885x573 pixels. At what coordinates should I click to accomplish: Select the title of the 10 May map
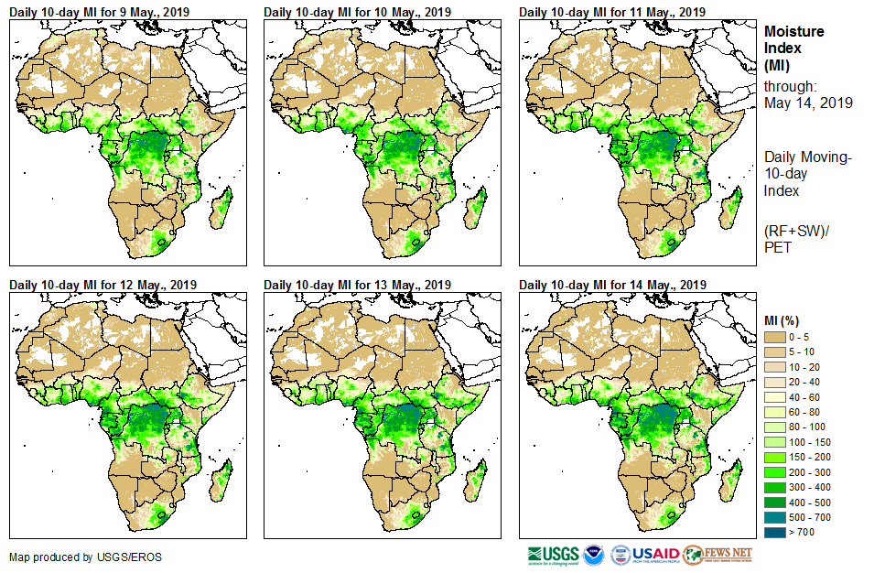pyautogui.click(x=358, y=12)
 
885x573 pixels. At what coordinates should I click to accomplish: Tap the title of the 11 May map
pyautogui.click(x=612, y=12)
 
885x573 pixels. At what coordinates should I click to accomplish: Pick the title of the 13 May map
pyautogui.click(x=358, y=284)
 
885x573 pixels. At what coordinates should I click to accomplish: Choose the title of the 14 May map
pyautogui.click(x=612, y=284)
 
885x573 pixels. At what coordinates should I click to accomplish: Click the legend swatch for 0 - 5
pyautogui.click(x=775, y=337)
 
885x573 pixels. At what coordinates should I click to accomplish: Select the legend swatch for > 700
pyautogui.click(x=775, y=531)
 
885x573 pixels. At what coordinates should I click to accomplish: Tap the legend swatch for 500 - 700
pyautogui.click(x=775, y=516)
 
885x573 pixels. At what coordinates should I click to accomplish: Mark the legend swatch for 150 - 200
pyautogui.click(x=775, y=457)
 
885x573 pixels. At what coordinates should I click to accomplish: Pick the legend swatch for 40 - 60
pyautogui.click(x=775, y=397)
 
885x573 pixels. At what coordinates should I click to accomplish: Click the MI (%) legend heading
pyautogui.click(x=785, y=320)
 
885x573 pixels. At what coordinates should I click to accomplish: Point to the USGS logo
pyautogui.click(x=553, y=555)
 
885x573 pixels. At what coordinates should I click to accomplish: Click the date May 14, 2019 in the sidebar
pyautogui.click(x=808, y=103)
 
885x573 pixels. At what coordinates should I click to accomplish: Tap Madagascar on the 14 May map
pyautogui.click(x=729, y=483)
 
